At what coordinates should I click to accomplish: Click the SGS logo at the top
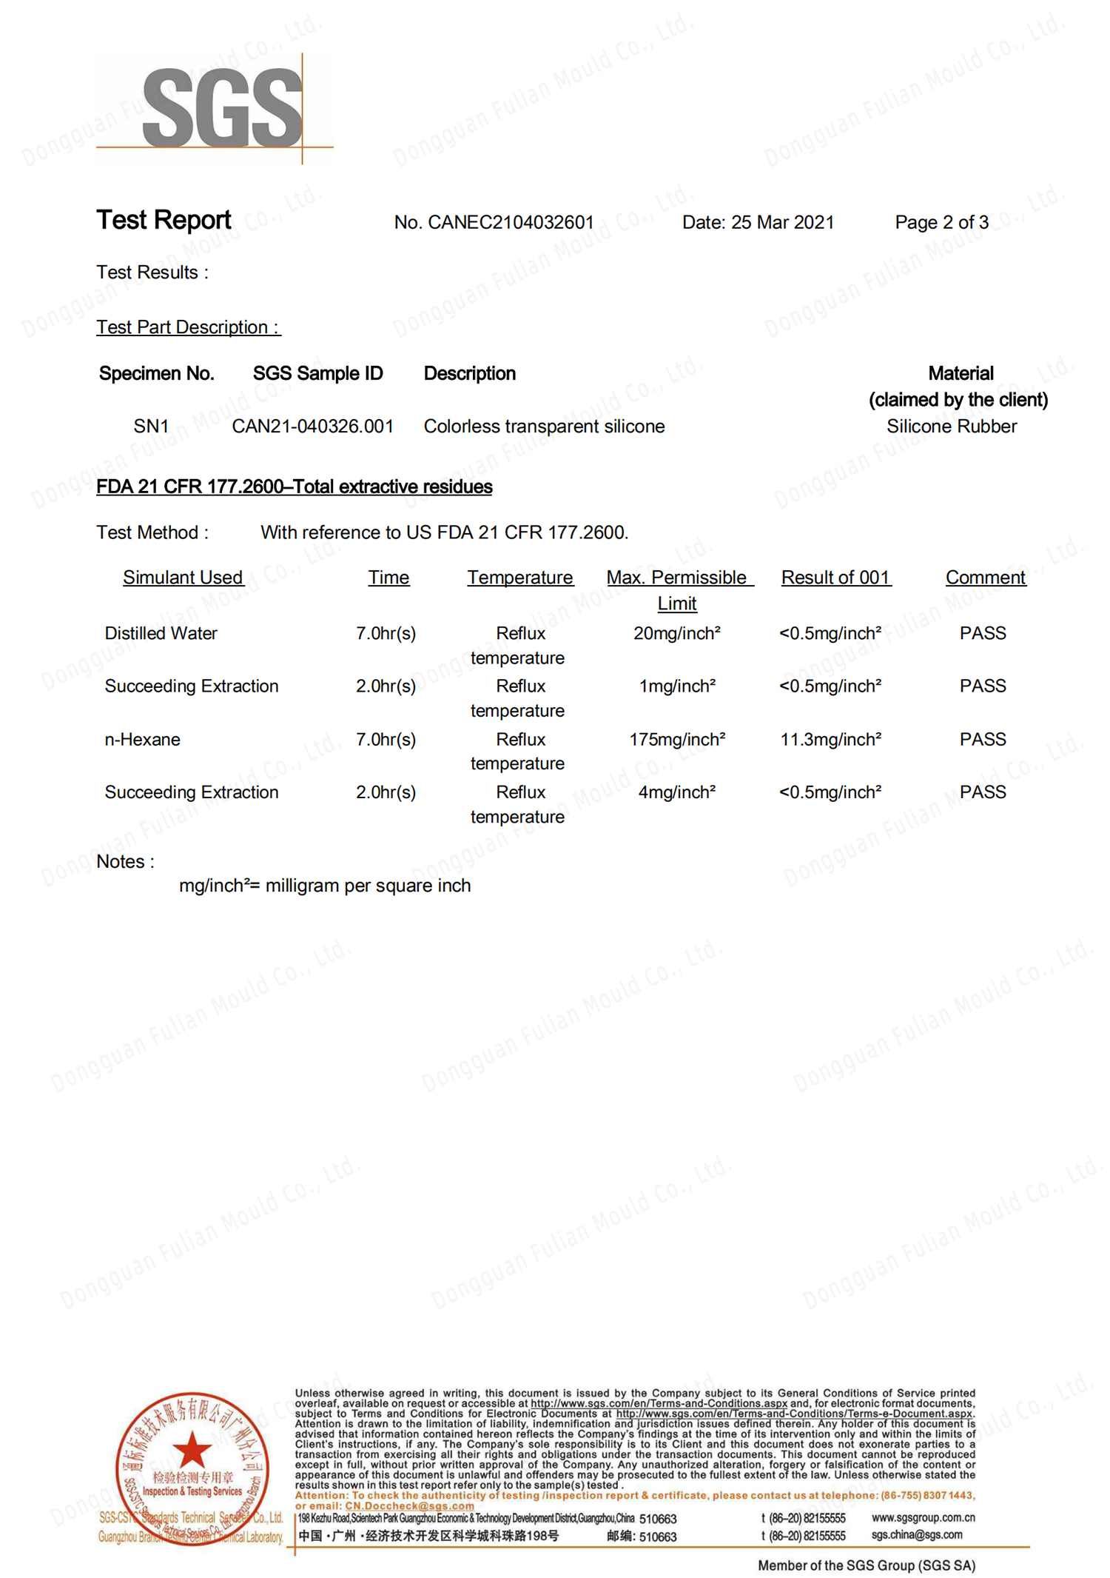coord(222,107)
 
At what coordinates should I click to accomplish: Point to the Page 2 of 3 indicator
coord(941,222)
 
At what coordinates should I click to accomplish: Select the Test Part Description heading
coord(188,327)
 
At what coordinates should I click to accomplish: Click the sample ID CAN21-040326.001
coord(312,427)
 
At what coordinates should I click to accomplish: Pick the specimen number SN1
coord(151,427)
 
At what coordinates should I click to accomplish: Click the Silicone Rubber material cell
coord(952,427)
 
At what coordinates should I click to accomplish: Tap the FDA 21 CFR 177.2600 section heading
coord(294,487)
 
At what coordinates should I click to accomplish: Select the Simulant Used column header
coord(183,578)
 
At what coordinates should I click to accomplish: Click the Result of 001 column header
coord(835,578)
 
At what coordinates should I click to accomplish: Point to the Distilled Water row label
coord(161,633)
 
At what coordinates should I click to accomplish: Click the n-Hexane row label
coord(142,739)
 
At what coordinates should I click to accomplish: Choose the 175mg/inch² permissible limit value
coord(677,739)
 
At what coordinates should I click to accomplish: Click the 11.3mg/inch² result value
coord(830,739)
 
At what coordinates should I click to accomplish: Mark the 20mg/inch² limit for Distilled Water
coord(677,633)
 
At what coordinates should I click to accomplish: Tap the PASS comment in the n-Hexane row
coord(983,739)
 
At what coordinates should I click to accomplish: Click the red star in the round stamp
coord(192,1450)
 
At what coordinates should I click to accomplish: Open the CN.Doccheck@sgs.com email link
coord(409,1505)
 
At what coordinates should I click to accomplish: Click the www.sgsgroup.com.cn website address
coord(923,1517)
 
